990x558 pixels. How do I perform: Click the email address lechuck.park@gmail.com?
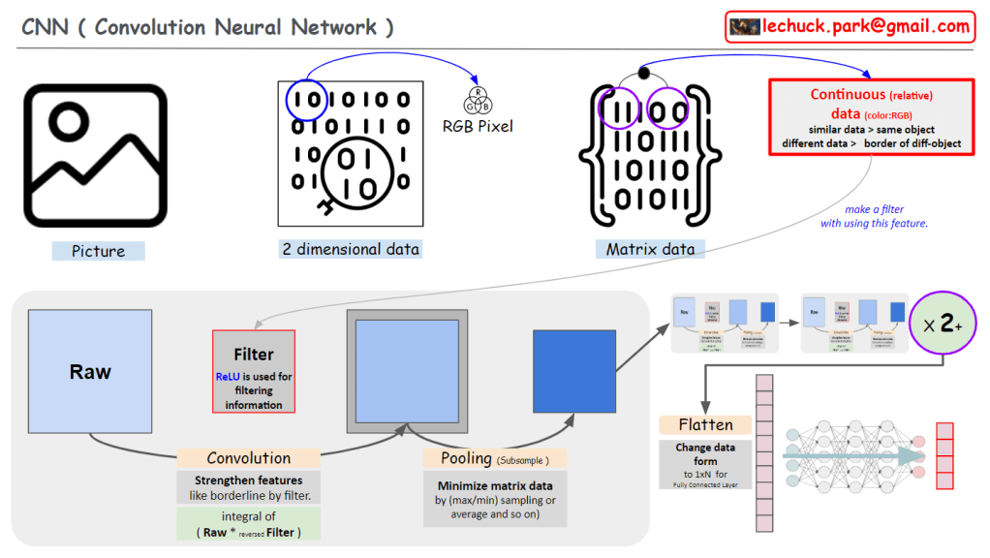click(x=866, y=26)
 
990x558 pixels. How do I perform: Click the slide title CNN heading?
click(x=208, y=27)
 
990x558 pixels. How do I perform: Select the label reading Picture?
click(x=98, y=251)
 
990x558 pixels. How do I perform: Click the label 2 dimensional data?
click(x=351, y=249)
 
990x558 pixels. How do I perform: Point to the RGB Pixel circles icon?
click(x=478, y=100)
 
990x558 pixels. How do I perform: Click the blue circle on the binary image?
click(x=306, y=100)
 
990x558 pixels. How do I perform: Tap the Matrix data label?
click(x=650, y=249)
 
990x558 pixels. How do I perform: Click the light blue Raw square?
click(x=90, y=372)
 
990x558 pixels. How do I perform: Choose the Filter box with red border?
click(x=254, y=371)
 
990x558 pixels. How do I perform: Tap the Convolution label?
click(x=248, y=458)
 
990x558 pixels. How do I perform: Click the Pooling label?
click(x=494, y=458)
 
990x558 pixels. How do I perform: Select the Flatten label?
click(x=705, y=424)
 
